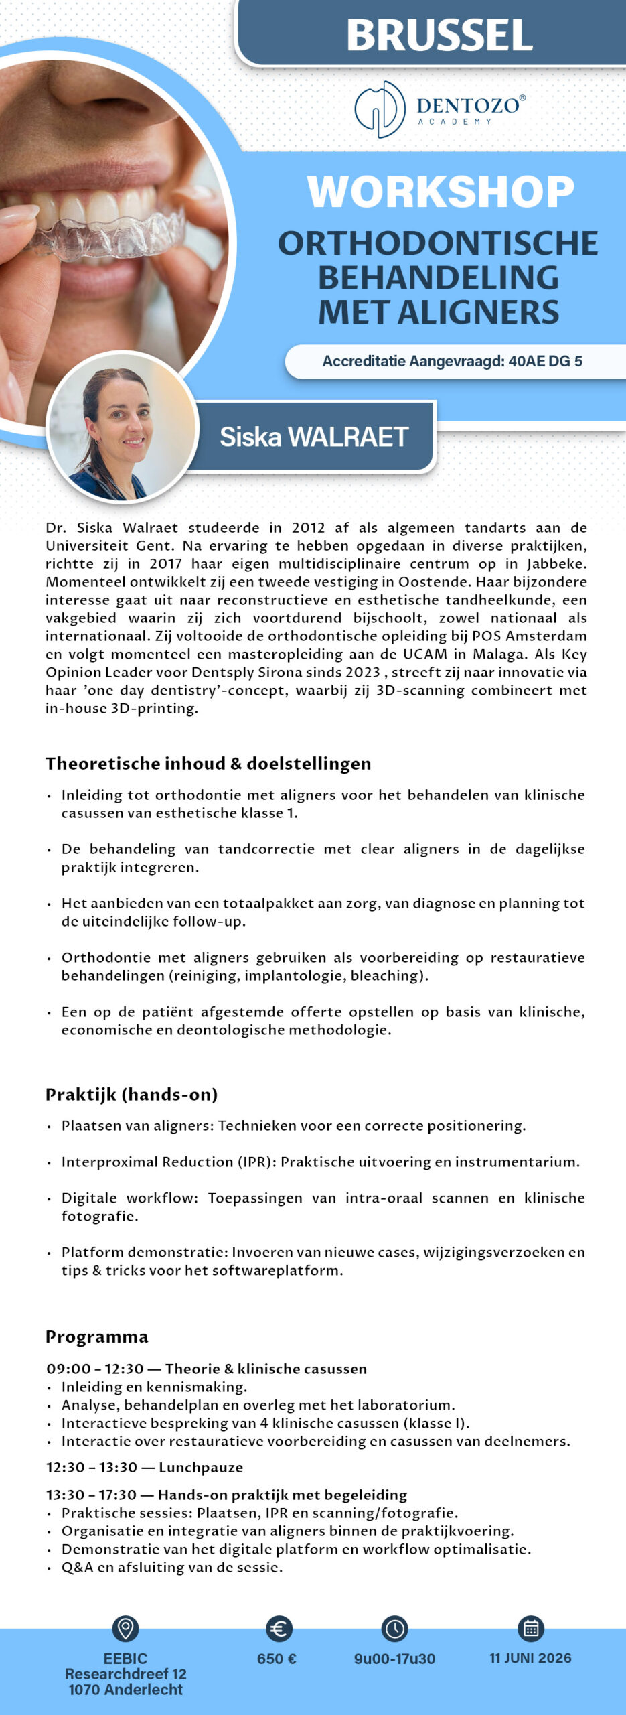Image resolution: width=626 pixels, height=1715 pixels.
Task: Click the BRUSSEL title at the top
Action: point(439,35)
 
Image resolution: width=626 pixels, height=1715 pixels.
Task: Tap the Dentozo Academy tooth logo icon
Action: point(380,109)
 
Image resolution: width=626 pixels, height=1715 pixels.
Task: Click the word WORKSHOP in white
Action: point(441,192)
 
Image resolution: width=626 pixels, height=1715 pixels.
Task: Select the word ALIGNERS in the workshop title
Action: point(478,312)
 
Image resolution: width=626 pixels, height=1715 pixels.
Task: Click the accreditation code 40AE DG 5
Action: point(545,362)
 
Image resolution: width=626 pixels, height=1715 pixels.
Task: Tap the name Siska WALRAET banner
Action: point(314,437)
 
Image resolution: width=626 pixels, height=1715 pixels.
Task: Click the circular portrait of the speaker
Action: point(123,428)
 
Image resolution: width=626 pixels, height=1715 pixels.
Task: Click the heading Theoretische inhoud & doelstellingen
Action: point(208,764)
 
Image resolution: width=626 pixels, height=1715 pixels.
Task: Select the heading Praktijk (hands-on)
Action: point(132,1094)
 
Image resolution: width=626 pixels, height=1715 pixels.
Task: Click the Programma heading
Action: point(97,1336)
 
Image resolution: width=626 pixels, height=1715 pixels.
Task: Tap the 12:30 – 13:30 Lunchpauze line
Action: point(145,1467)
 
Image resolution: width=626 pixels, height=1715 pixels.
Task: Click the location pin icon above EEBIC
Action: point(125,1627)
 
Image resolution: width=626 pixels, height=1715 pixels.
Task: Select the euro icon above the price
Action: point(278,1629)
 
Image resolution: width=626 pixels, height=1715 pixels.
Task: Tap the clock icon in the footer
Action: point(394,1629)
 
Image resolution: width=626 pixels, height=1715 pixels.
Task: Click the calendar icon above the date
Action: point(531,1628)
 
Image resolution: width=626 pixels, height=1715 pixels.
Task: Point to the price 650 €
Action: point(277,1659)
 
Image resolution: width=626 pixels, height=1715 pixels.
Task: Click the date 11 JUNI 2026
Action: point(530,1658)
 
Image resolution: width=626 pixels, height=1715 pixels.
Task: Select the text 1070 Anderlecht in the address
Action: point(125,1690)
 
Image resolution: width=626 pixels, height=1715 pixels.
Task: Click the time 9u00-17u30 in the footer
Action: point(394,1659)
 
